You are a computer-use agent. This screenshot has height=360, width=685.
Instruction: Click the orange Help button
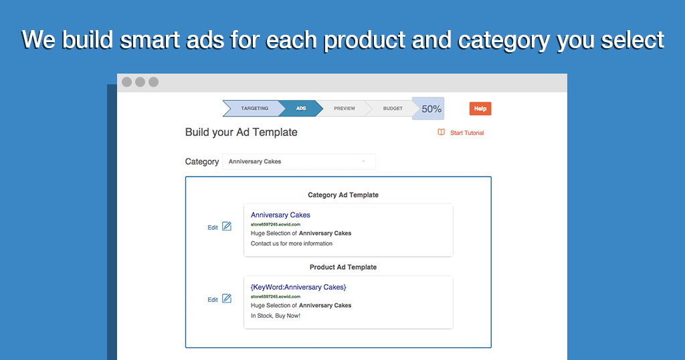[x=480, y=109]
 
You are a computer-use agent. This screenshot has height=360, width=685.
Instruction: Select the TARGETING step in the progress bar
[x=254, y=108]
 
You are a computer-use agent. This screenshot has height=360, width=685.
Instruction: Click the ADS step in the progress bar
[x=301, y=108]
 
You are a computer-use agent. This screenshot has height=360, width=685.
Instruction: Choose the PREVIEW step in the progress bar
[x=345, y=108]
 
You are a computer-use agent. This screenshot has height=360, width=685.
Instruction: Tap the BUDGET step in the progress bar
[x=392, y=108]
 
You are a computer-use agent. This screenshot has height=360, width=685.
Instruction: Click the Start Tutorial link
[x=467, y=132]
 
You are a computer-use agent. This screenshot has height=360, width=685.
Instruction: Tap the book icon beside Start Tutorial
[x=442, y=132]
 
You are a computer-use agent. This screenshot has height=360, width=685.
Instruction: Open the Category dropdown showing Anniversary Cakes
[x=299, y=162]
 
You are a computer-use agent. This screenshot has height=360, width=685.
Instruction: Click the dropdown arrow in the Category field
[x=363, y=162]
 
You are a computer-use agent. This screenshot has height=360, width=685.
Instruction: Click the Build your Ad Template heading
[x=241, y=132]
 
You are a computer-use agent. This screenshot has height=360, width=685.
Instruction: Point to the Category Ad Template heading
[x=343, y=195]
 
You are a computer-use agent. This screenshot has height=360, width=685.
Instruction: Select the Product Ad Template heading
[x=343, y=267]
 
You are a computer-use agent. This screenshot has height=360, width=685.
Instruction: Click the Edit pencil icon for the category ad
[x=227, y=226]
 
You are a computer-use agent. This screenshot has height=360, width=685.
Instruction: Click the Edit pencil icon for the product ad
[x=227, y=298]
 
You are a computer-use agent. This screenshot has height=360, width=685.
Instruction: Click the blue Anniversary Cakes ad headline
[x=280, y=215]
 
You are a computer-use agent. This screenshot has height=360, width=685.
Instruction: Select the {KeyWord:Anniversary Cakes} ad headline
[x=298, y=287]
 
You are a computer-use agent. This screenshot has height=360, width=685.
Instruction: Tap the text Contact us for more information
[x=292, y=244]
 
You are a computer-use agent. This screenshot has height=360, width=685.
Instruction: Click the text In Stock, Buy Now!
[x=275, y=315]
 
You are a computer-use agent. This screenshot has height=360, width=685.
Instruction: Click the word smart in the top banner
[x=149, y=39]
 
